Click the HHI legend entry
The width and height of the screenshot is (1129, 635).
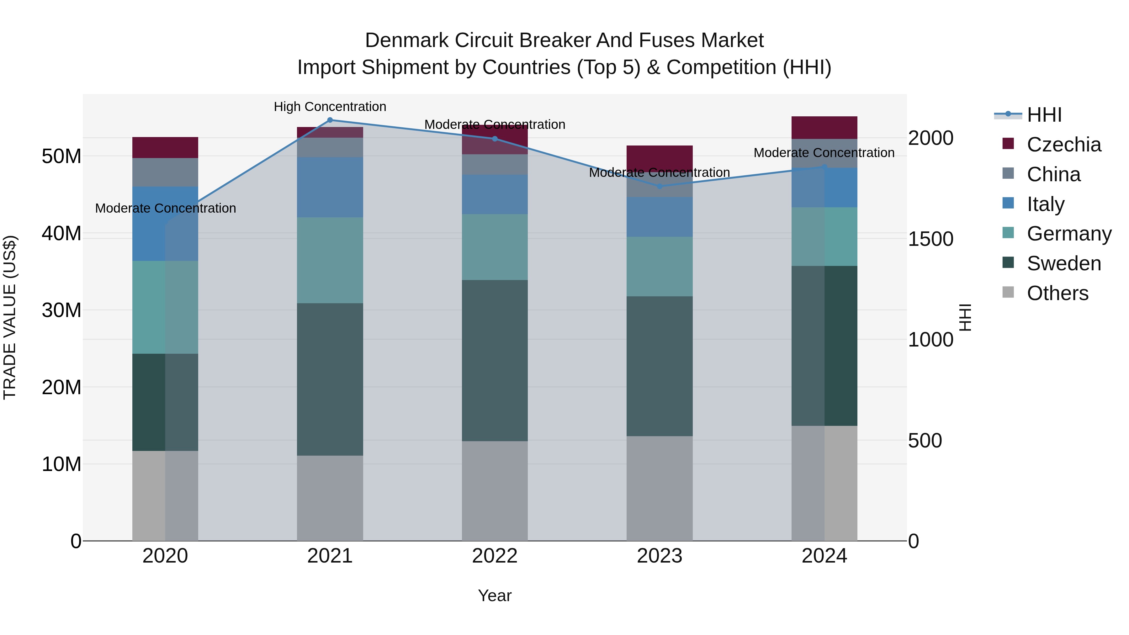coord(1043,115)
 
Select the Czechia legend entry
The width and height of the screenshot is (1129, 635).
coord(1063,145)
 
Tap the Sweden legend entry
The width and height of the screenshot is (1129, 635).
coord(1063,263)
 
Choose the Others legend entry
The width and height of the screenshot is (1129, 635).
coord(1057,293)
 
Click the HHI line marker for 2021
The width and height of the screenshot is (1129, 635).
coord(330,120)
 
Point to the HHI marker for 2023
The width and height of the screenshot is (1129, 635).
coord(660,186)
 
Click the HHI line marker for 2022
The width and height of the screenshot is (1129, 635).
coord(495,139)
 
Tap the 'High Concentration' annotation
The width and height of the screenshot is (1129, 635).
coord(330,107)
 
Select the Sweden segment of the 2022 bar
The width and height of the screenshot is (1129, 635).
coord(495,360)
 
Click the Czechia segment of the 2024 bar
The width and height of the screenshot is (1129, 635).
coord(824,128)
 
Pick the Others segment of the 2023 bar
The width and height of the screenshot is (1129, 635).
coord(660,488)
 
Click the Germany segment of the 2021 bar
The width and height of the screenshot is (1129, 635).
coord(330,260)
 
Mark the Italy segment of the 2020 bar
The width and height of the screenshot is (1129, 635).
coord(165,224)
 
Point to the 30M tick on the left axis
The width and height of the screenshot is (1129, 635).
coord(61,310)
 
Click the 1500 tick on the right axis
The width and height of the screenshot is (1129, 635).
coord(930,239)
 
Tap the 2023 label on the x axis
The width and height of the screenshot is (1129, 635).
coord(660,556)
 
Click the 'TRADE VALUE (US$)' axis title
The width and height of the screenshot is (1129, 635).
coord(10,317)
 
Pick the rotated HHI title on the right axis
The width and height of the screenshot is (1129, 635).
coord(965,317)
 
